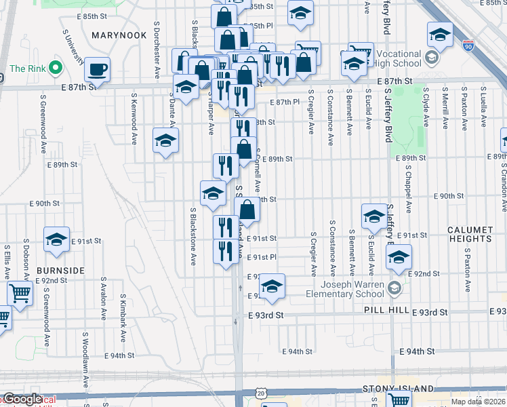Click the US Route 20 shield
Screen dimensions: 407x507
(262, 393)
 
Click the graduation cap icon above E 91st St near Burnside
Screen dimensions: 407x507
(56, 239)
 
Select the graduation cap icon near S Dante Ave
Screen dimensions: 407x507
(165, 141)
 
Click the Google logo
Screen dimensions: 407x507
(22, 400)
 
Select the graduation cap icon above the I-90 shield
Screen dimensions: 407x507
(440, 35)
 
